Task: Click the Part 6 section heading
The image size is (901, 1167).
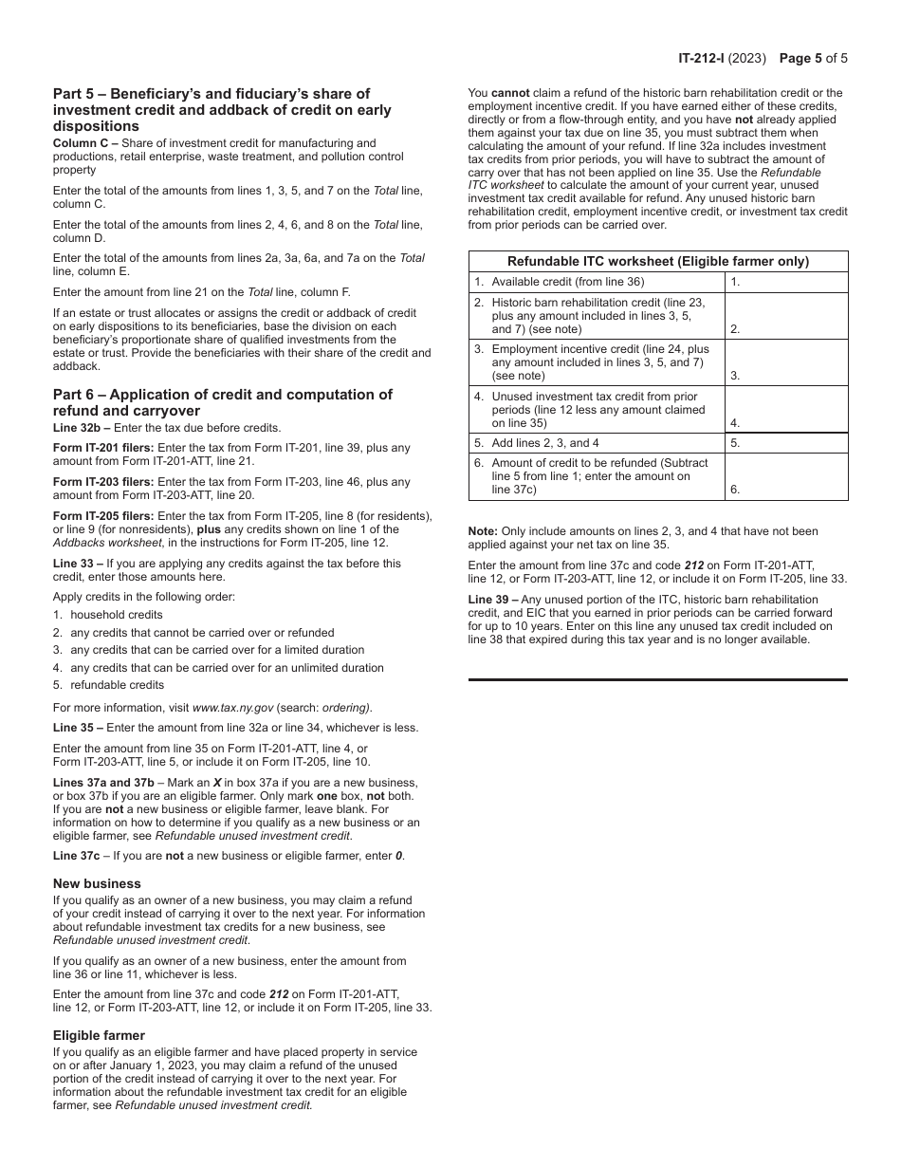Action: tap(223, 402)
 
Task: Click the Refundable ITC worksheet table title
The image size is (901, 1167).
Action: tap(658, 261)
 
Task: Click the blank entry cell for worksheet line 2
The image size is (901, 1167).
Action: tap(786, 315)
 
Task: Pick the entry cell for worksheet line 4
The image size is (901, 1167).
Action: tap(786, 409)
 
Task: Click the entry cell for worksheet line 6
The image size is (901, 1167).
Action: tap(786, 476)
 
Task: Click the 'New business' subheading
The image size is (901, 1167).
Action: tap(97, 883)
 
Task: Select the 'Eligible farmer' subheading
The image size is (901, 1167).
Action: tap(99, 1035)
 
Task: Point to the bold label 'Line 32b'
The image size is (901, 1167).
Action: tap(76, 428)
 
